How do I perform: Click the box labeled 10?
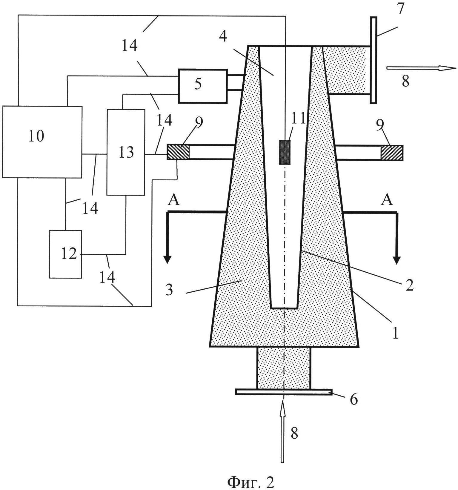click(x=42, y=142)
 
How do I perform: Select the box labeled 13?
click(x=126, y=152)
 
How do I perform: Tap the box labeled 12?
click(x=65, y=254)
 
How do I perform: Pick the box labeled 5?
click(x=202, y=86)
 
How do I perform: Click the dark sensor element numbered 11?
click(x=285, y=152)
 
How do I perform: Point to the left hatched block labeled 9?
click(x=178, y=152)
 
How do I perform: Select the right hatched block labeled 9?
click(x=392, y=152)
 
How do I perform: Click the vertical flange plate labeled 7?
click(x=373, y=60)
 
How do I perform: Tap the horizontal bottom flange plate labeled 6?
click(x=283, y=392)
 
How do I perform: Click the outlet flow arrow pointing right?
click(x=421, y=68)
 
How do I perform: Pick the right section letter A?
click(x=387, y=200)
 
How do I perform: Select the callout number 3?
click(x=169, y=289)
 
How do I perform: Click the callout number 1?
click(x=395, y=333)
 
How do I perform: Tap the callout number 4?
click(x=223, y=36)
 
